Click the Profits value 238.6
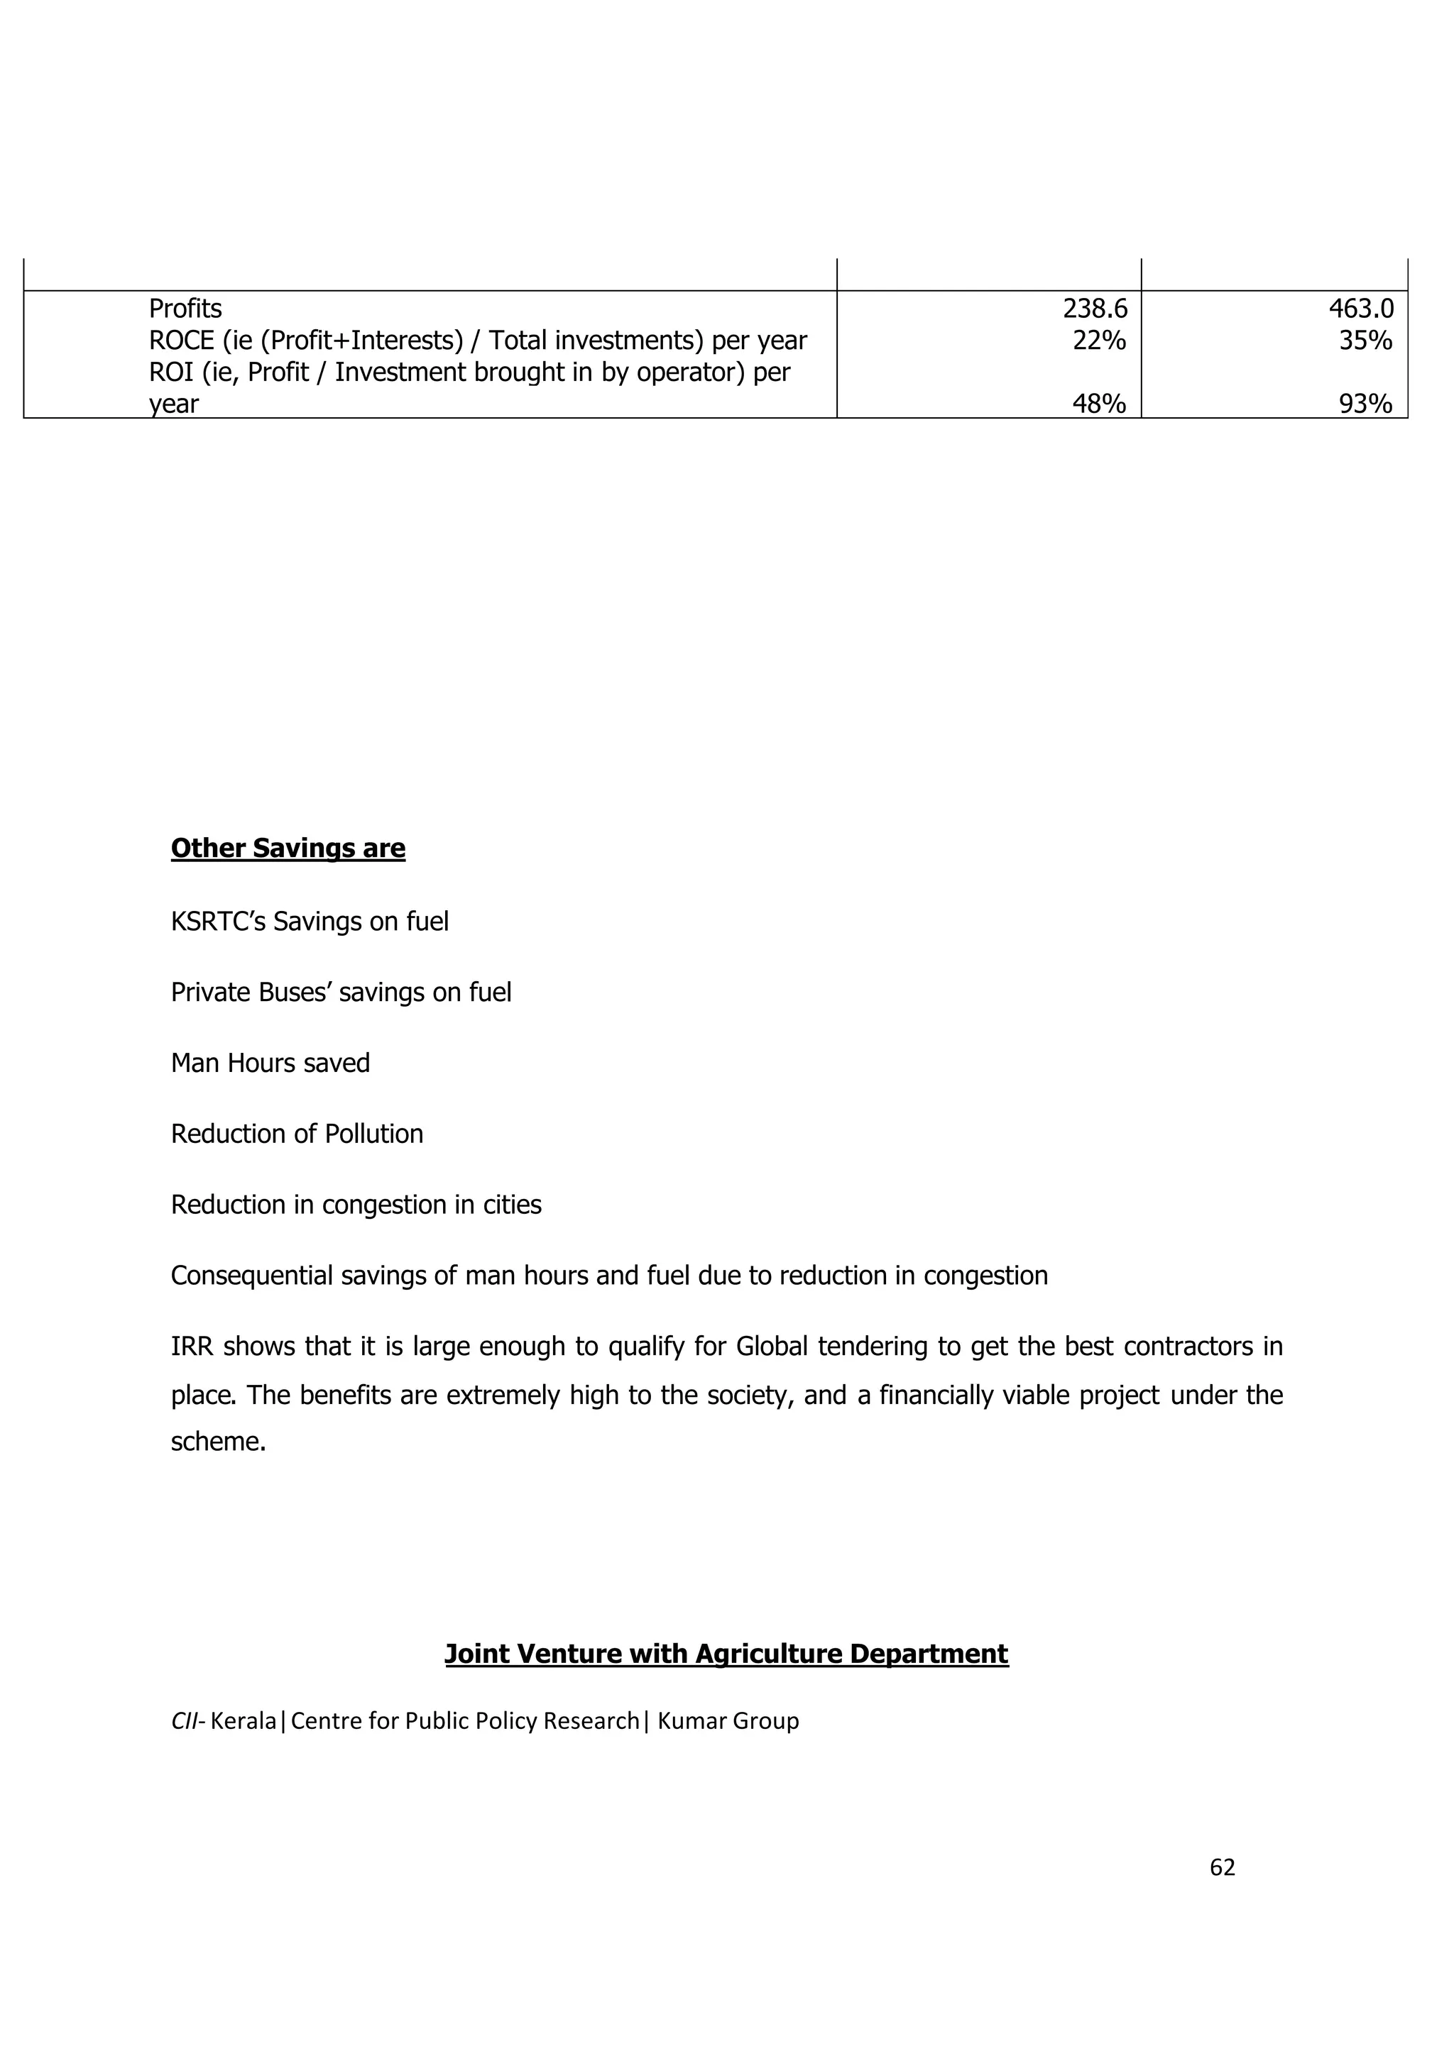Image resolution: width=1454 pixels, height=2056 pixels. point(1095,309)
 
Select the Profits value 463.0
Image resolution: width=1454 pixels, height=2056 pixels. point(1361,309)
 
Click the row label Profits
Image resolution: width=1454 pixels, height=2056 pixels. point(185,309)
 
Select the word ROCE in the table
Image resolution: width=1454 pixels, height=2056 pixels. point(181,341)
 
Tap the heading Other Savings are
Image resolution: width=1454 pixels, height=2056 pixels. point(288,848)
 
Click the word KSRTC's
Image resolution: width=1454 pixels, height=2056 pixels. point(218,922)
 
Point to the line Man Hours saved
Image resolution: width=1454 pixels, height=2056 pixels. point(270,1063)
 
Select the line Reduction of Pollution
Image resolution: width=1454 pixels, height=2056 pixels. point(297,1134)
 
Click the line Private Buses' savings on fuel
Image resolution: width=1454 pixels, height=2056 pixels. point(341,993)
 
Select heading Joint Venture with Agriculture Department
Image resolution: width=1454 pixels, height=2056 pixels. point(726,1654)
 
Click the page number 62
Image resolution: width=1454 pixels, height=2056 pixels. point(1222,1867)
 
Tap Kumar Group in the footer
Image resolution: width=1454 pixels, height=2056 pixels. point(728,1721)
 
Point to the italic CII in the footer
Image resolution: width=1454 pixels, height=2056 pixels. point(185,1721)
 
